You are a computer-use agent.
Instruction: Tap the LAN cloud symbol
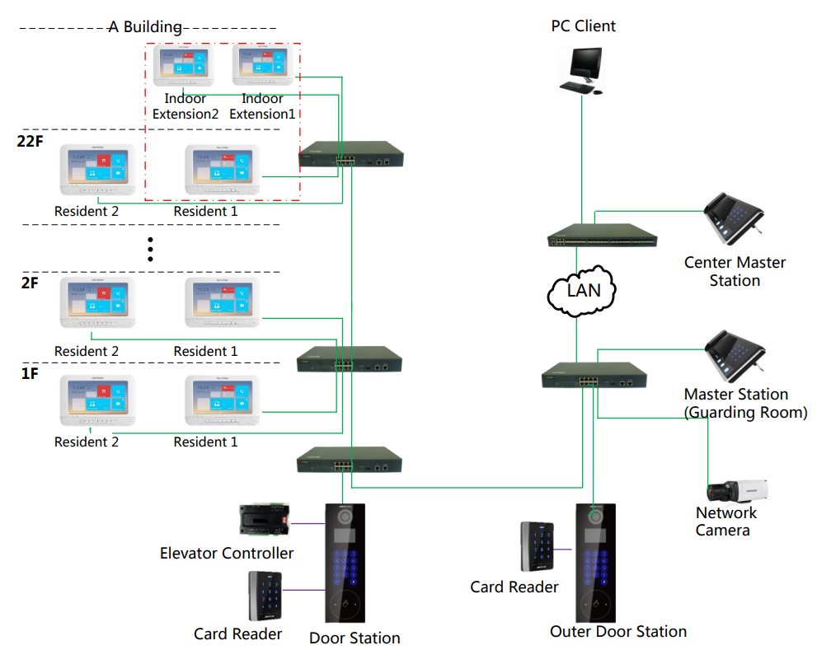(x=582, y=289)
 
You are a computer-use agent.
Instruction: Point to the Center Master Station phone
(x=732, y=220)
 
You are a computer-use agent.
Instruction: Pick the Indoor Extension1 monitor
(x=263, y=65)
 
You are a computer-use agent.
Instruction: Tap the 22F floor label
(x=30, y=141)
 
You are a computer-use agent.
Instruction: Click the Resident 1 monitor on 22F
(x=222, y=170)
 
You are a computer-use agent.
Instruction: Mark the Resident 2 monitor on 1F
(x=94, y=400)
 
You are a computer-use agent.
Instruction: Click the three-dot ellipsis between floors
(x=150, y=249)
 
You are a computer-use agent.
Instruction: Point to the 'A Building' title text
(x=146, y=26)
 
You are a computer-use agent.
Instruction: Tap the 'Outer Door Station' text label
(x=618, y=632)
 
